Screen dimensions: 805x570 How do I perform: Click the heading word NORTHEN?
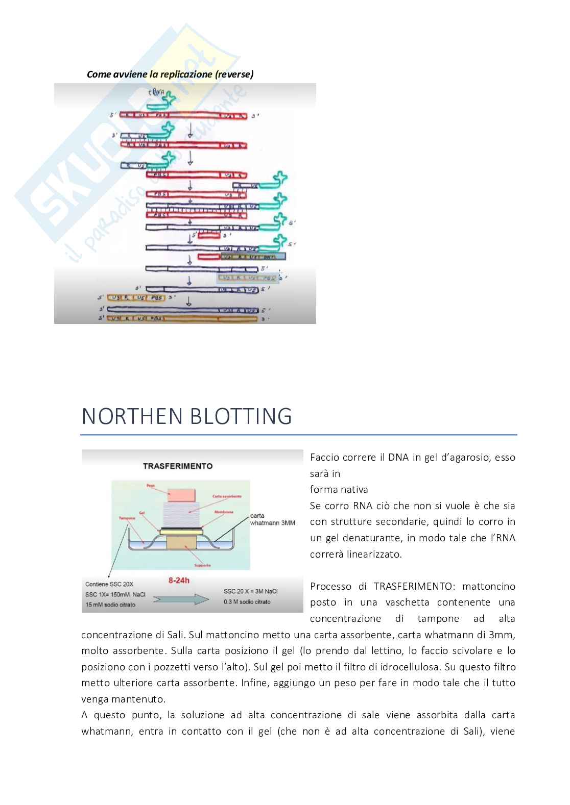point(132,416)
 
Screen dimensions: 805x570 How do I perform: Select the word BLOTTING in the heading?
point(240,416)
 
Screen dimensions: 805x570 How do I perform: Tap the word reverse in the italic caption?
point(234,74)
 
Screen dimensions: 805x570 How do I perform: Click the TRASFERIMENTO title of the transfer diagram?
point(177,466)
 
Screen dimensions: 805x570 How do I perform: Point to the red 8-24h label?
point(179,580)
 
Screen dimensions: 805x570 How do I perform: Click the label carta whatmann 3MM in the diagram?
point(272,519)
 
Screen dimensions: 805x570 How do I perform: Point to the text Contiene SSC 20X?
point(109,584)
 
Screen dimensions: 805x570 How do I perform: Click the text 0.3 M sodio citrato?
point(247,602)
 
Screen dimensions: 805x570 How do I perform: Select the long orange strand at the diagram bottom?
point(182,319)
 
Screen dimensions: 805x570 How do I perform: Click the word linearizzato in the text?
point(374,554)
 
